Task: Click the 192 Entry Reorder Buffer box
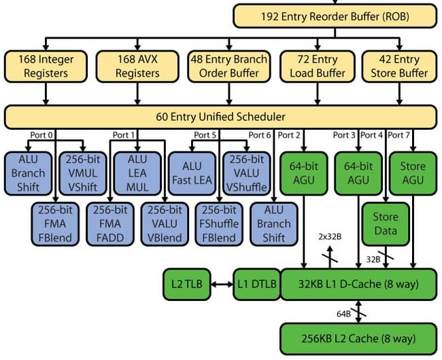[x=336, y=15]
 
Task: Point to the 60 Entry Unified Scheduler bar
[x=220, y=117]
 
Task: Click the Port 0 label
[x=41, y=135]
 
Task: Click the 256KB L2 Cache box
[x=358, y=338]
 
